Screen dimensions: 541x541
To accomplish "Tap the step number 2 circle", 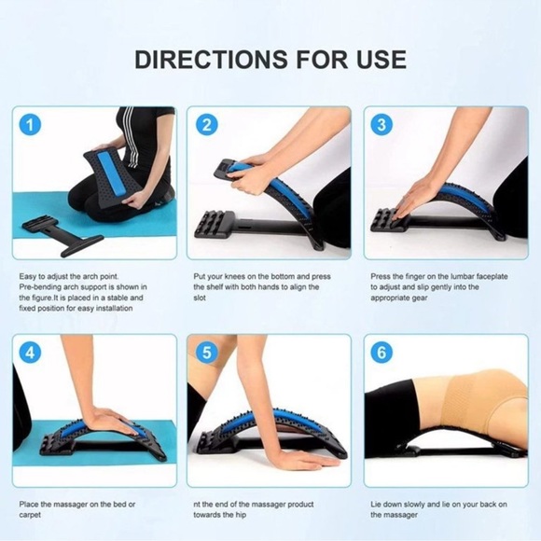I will [206, 124].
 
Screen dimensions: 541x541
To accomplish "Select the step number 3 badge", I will [381, 124].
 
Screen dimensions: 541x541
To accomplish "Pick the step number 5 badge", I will [206, 353].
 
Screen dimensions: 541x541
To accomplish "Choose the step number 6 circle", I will [381, 353].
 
